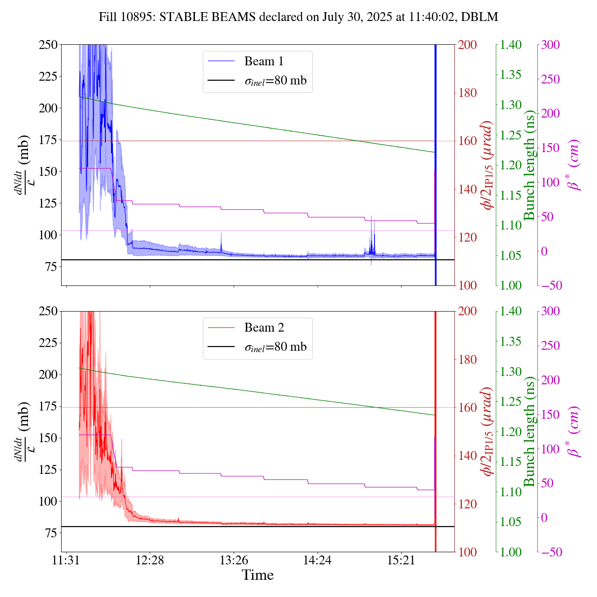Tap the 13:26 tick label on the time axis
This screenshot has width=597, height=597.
(234, 560)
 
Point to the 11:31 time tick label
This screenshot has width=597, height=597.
(66, 560)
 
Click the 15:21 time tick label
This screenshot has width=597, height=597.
(401, 560)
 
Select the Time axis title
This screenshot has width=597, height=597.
(257, 575)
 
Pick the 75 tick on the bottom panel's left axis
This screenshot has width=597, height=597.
(50, 533)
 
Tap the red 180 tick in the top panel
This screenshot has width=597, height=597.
(468, 93)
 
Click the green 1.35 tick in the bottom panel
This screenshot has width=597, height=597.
(512, 341)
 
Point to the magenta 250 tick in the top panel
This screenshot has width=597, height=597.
(550, 79)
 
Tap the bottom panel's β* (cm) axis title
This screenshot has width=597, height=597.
(574, 431)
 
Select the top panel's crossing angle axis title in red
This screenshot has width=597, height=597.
(488, 165)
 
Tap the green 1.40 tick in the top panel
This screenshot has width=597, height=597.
(512, 45)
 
